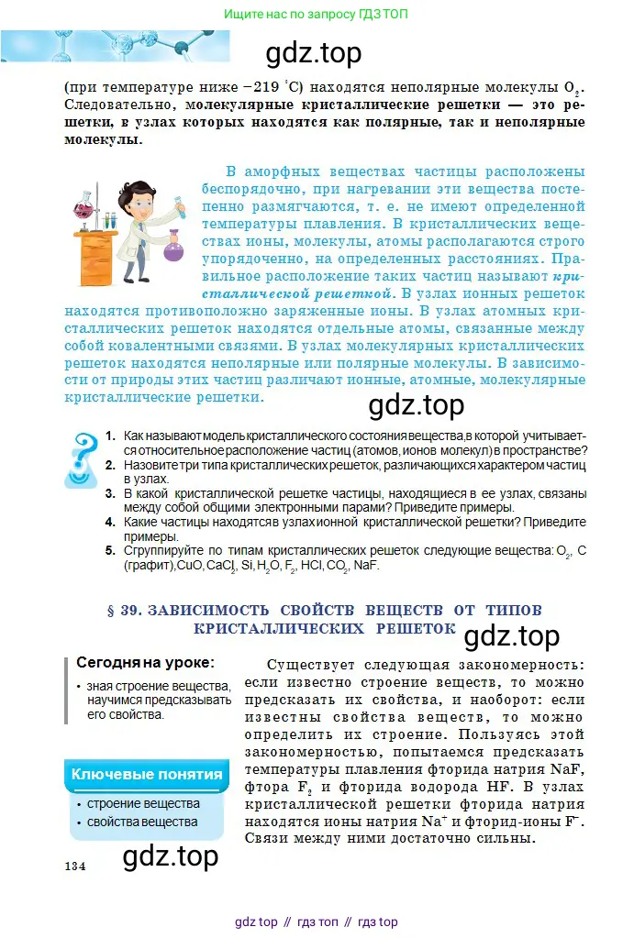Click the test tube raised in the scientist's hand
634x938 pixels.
pyautogui.click(x=182, y=201)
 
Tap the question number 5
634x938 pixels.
pyautogui.click(x=109, y=550)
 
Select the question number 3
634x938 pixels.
pyautogui.click(x=109, y=493)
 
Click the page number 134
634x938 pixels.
pyautogui.click(x=75, y=866)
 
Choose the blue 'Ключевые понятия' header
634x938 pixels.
pyautogui.click(x=147, y=775)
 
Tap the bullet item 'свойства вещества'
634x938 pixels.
pyautogui.click(x=142, y=822)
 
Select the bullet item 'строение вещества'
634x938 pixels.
pyautogui.click(x=143, y=804)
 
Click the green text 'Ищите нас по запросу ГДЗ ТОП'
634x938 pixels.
pyautogui.click(x=317, y=14)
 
